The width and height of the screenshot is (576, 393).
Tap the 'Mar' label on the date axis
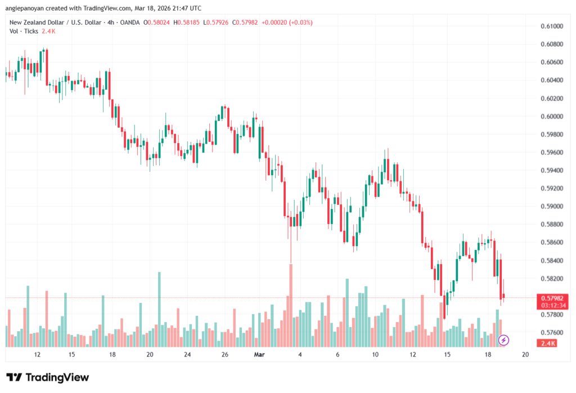(259, 355)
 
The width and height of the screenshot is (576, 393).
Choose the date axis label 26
(224, 355)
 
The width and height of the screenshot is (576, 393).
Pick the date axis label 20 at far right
(525, 355)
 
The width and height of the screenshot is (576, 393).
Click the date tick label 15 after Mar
(447, 355)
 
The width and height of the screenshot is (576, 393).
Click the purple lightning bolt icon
(504, 340)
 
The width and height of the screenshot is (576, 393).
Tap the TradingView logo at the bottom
(48, 377)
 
